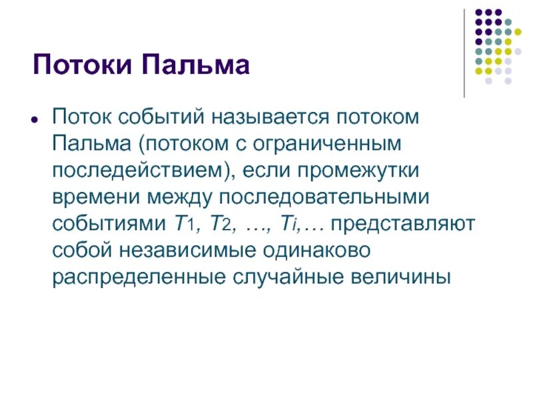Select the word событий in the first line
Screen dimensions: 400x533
[163, 117]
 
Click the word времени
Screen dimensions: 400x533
[90, 197]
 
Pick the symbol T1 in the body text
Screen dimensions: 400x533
[181, 223]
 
